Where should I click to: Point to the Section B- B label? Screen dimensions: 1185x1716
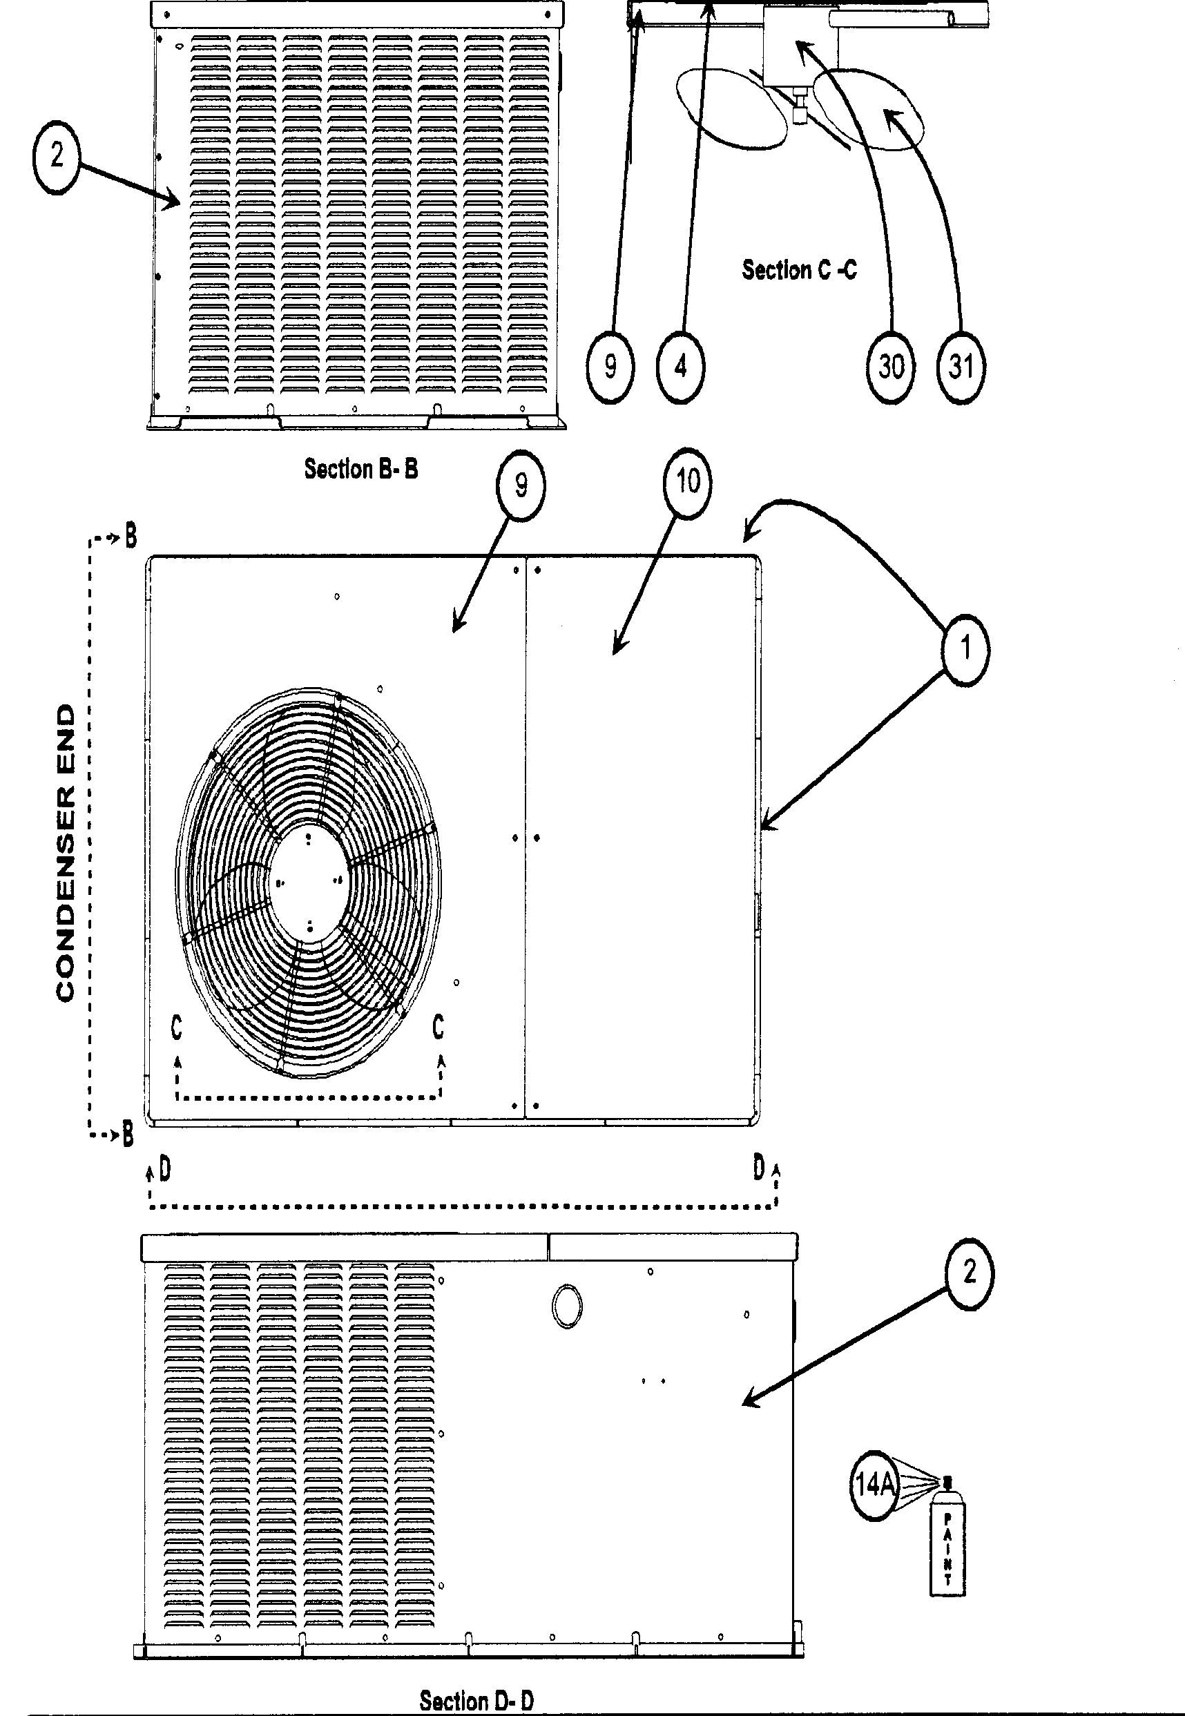pyautogui.click(x=361, y=470)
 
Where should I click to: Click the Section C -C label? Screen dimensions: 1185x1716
pyautogui.click(x=799, y=269)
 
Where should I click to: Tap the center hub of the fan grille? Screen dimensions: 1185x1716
pyautogui.click(x=309, y=881)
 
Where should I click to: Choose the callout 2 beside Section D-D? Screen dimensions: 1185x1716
pyautogui.click(x=969, y=1273)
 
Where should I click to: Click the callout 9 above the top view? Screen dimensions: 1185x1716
pyautogui.click(x=521, y=486)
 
